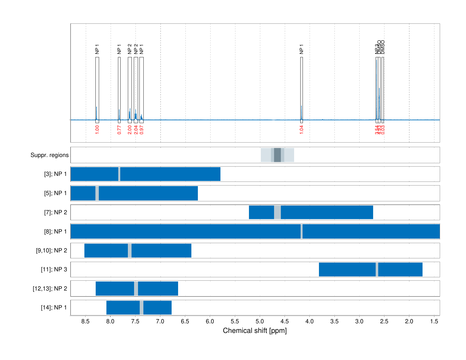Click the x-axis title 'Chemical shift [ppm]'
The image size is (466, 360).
coord(255,331)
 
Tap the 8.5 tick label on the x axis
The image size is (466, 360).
coord(86,321)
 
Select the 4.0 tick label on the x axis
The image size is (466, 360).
coord(309,321)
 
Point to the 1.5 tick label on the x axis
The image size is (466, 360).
coord(434,321)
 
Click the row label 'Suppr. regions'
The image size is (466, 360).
coord(49,155)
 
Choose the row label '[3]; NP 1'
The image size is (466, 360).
coord(55,174)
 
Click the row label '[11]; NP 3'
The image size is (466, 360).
coord(54,269)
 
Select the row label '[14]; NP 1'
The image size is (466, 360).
coord(54,307)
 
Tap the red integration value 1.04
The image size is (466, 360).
coord(301,130)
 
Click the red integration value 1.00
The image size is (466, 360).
coord(97,130)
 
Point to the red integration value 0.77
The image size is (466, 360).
coord(119,130)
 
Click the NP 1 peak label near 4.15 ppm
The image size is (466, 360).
coord(301,49)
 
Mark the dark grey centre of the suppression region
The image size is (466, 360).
coord(277,155)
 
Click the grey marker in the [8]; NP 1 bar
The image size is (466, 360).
coord(301,231)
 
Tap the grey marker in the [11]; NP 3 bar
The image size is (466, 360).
coord(377,269)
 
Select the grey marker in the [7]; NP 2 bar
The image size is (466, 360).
coord(277,212)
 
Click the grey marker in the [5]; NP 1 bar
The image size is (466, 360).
coord(97,193)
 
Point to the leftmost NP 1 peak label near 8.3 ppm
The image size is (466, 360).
coord(97,49)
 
